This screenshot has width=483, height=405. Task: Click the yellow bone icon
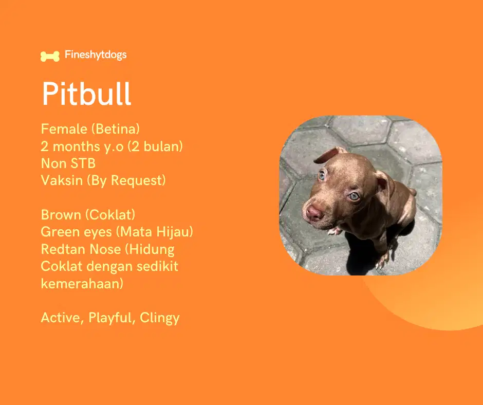tap(50, 56)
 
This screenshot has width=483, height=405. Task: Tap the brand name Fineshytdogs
tap(96, 55)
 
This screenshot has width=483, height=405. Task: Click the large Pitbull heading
tap(86, 94)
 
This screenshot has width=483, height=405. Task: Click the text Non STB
tap(68, 163)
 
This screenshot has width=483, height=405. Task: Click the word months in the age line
tap(77, 146)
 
